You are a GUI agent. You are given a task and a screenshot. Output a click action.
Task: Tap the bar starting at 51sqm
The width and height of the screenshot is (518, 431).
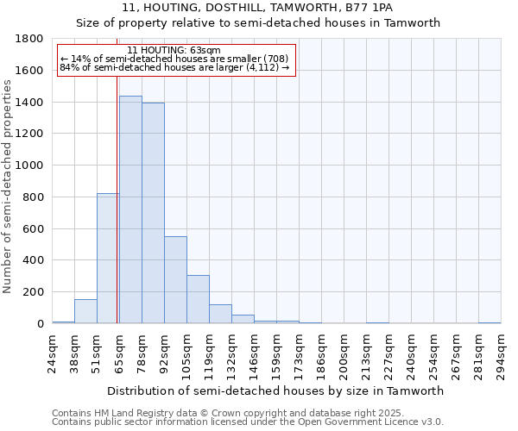[108, 258]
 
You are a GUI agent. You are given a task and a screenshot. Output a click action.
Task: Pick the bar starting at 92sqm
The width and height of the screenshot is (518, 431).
[175, 279]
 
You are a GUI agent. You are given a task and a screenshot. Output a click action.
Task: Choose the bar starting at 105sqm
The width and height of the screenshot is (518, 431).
[198, 299]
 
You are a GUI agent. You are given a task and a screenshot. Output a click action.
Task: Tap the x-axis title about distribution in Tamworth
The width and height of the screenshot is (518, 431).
[275, 390]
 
